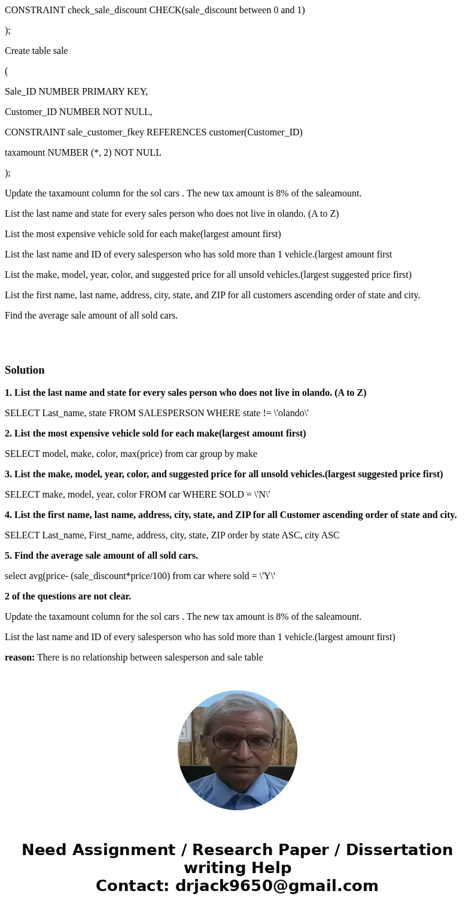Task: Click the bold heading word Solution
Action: pyautogui.click(x=25, y=370)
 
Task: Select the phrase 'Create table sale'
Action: pyautogui.click(x=36, y=51)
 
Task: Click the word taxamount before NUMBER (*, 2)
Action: pyautogui.click(x=25, y=153)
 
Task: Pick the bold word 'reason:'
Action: pyautogui.click(x=20, y=658)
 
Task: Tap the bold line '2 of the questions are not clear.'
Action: pyautogui.click(x=68, y=596)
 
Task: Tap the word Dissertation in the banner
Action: pyautogui.click(x=399, y=850)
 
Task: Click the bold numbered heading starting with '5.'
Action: pyautogui.click(x=101, y=556)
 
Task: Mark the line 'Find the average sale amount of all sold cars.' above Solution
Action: pyautogui.click(x=91, y=316)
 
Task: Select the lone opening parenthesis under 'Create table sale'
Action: pyautogui.click(x=7, y=71)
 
